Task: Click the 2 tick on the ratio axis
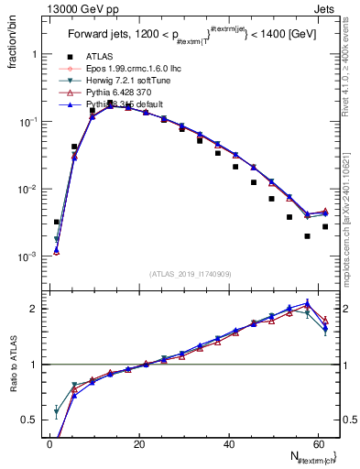[33, 309]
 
